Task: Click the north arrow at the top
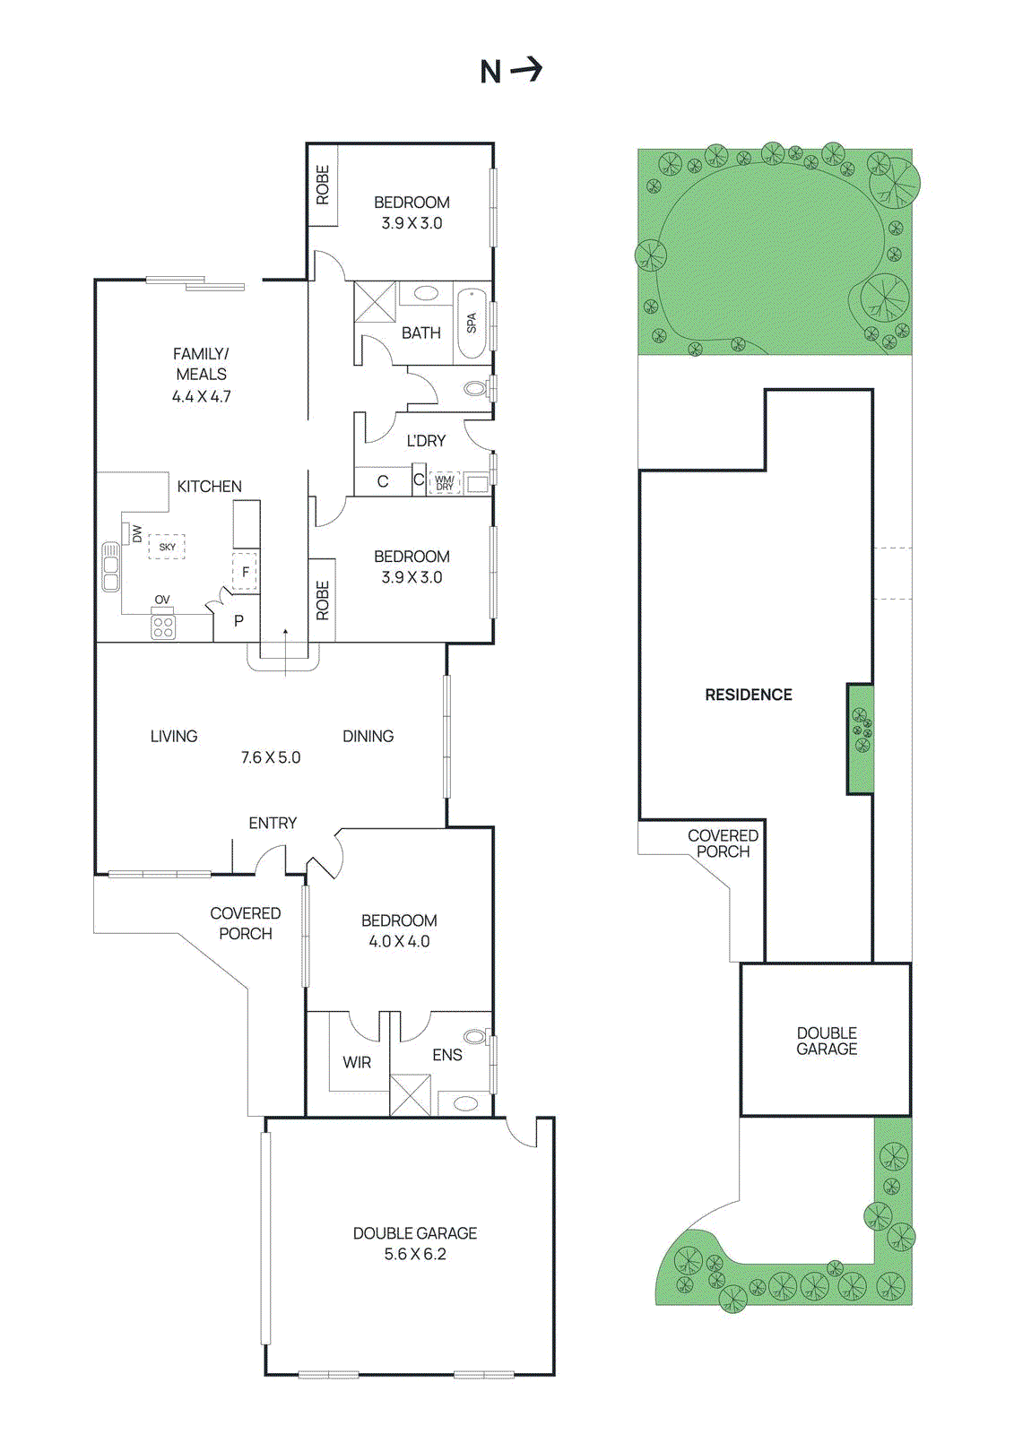point(512,70)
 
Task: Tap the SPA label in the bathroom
point(472,323)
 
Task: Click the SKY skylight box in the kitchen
point(167,547)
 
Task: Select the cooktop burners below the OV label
point(163,626)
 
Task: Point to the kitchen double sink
point(110,566)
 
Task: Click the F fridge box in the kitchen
point(245,572)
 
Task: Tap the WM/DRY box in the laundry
point(445,483)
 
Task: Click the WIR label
point(357,1062)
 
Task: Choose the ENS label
point(447,1055)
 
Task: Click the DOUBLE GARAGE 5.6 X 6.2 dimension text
point(415,1254)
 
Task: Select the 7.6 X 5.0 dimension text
point(271,757)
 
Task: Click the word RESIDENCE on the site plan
point(749,695)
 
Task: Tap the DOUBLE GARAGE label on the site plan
point(827,1041)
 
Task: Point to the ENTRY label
point(273,823)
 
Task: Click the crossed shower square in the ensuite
point(410,1094)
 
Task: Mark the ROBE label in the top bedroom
point(323,185)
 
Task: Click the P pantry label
point(238,620)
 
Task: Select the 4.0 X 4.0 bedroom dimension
point(399,941)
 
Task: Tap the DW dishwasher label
point(136,534)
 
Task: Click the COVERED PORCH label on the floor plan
point(246,923)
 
